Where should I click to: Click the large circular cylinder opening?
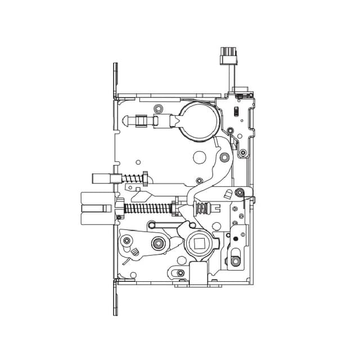pos(197,119)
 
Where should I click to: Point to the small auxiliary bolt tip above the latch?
pos(99,179)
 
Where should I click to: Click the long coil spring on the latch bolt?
pos(145,208)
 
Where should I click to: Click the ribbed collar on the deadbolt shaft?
pos(143,120)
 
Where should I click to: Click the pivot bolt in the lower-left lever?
pos(158,244)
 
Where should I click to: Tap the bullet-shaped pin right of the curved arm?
pos(227,195)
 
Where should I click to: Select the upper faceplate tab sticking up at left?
pos(116,79)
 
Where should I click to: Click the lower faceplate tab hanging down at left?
pos(116,298)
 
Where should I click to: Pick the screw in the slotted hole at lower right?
pos(235,260)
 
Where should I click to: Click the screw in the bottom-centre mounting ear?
pos(180,274)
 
